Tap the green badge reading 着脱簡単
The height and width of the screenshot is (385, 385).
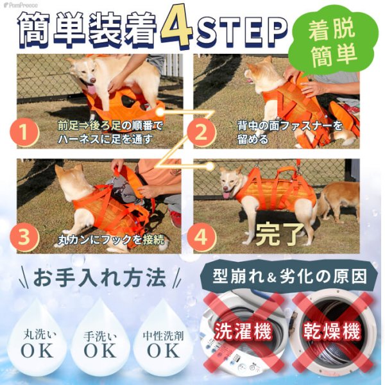pyautogui.click(x=332, y=42)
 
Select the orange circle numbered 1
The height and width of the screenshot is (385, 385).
pyautogui.click(x=24, y=133)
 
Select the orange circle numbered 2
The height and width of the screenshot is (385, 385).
pyautogui.click(x=200, y=133)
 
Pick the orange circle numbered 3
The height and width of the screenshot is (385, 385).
pyautogui.click(x=24, y=237)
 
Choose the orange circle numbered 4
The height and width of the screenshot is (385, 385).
pyautogui.click(x=200, y=237)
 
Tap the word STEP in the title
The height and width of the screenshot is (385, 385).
pyautogui.click(x=241, y=29)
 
